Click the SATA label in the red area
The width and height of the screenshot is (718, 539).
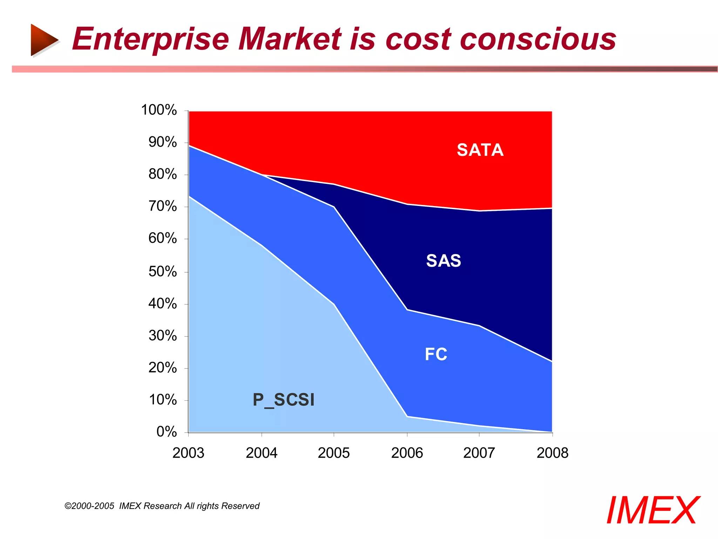pyautogui.click(x=480, y=150)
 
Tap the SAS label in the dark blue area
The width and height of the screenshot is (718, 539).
pyautogui.click(x=443, y=261)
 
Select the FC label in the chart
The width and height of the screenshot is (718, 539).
pyautogui.click(x=436, y=354)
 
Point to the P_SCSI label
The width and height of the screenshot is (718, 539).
pyautogui.click(x=284, y=400)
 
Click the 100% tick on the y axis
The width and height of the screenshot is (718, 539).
pyautogui.click(x=159, y=110)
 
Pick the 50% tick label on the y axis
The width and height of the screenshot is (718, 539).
pyautogui.click(x=162, y=271)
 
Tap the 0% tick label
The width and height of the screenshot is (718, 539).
pyautogui.click(x=166, y=431)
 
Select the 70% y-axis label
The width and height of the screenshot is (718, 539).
pyautogui.click(x=162, y=206)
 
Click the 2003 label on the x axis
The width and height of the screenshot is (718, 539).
pyautogui.click(x=188, y=453)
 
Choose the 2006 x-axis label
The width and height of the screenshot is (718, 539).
pyautogui.click(x=407, y=453)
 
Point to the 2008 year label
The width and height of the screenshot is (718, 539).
pyautogui.click(x=552, y=453)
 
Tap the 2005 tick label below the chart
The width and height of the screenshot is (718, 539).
pyautogui.click(x=333, y=453)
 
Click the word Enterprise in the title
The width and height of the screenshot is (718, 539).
pyautogui.click(x=151, y=39)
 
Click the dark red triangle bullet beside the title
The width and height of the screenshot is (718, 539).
pyautogui.click(x=43, y=40)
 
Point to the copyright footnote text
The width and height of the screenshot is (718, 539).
pyautogui.click(x=162, y=506)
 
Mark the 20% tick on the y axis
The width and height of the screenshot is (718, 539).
pyautogui.click(x=162, y=367)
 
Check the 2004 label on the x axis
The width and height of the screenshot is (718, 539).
pyautogui.click(x=261, y=453)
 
